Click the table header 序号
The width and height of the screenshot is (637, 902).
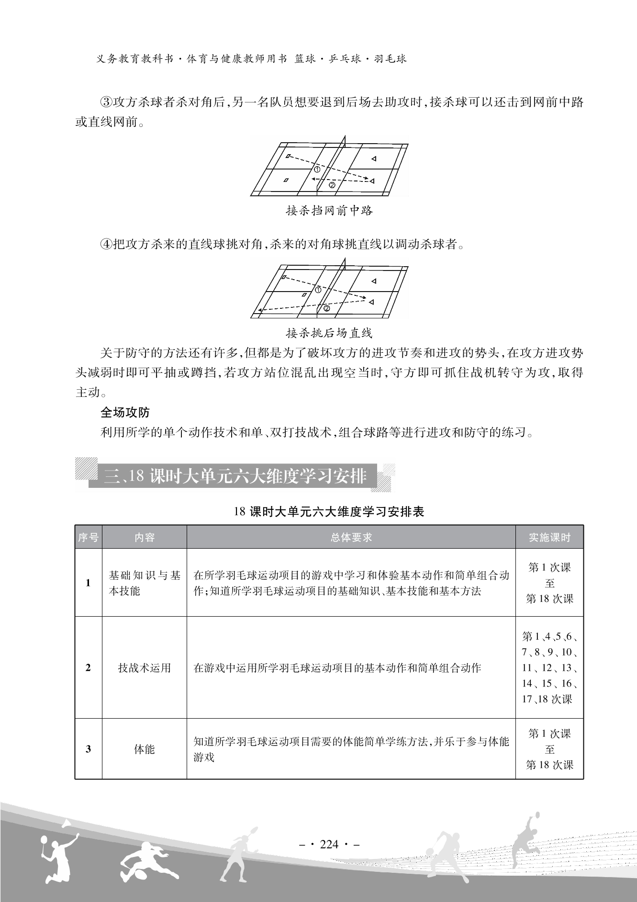pos(88,537)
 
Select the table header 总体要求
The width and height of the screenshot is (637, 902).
pos(351,537)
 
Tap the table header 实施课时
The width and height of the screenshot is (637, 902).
pos(549,537)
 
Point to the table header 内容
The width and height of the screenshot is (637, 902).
pos(144,537)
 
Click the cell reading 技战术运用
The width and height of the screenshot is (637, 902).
pos(144,668)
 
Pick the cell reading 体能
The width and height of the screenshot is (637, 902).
pos(144,749)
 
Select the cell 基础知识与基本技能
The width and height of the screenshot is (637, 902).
pos(144,583)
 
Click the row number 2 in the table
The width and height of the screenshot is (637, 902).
pos(88,668)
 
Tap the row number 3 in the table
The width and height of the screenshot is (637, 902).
pos(88,749)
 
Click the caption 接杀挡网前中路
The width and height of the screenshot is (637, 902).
pos(329,211)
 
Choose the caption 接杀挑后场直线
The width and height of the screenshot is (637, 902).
pos(329,333)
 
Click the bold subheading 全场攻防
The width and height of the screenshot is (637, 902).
pos(125,412)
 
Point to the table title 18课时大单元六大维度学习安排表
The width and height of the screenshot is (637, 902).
pos(329,511)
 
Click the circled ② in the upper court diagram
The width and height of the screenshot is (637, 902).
pos(333,185)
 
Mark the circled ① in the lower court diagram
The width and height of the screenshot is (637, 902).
pos(318,290)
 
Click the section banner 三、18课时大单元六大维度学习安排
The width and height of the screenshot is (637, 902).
pos(235,477)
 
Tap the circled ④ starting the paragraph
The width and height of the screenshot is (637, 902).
pos(105,244)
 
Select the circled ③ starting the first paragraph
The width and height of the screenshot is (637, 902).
pos(105,102)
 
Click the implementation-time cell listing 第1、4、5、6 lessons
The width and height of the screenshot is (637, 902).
pos(549,668)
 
